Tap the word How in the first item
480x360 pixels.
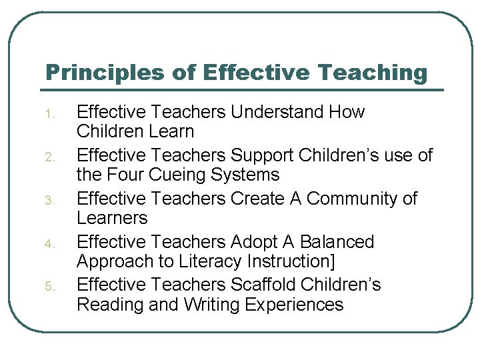tap(347, 112)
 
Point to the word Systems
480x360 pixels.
tap(246, 175)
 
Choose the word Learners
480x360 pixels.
tap(111, 219)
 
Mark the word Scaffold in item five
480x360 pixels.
tap(263, 285)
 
